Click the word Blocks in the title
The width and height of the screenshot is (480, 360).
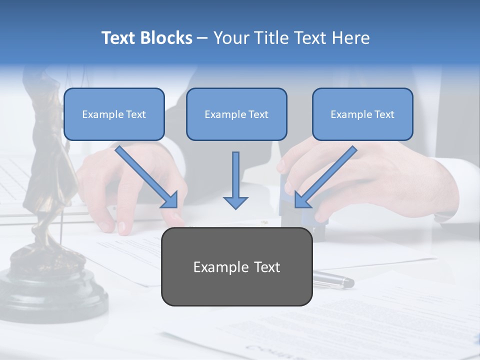pos(167,38)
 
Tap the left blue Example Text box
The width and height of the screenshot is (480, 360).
pos(114,114)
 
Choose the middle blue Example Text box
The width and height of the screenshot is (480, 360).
pos(236,114)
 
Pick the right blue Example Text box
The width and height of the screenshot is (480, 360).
pos(362,114)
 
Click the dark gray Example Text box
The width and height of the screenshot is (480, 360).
pos(236,267)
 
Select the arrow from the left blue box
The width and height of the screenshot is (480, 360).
pos(145,175)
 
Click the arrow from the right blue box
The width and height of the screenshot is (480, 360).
pos(327,175)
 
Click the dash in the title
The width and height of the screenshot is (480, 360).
pos(202,38)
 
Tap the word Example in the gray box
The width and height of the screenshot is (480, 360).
pos(214,267)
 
